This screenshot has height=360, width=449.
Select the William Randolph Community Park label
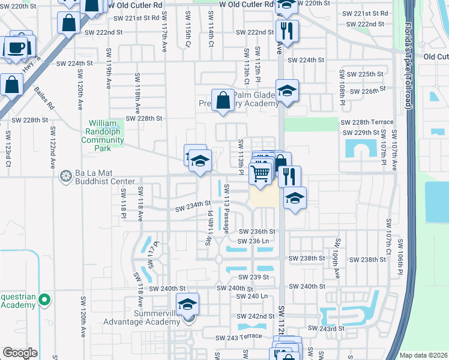pos(107,136)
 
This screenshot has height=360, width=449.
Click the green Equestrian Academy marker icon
pos(43,299)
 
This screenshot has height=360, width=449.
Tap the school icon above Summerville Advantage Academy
pos(187,305)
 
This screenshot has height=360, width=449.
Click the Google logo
pos(20,353)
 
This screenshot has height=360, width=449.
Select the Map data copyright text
pos(423,355)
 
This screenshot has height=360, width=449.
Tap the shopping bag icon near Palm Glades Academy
pos(223,100)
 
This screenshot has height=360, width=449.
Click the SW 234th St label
pos(193,208)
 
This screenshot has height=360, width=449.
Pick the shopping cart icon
pos(261,174)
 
